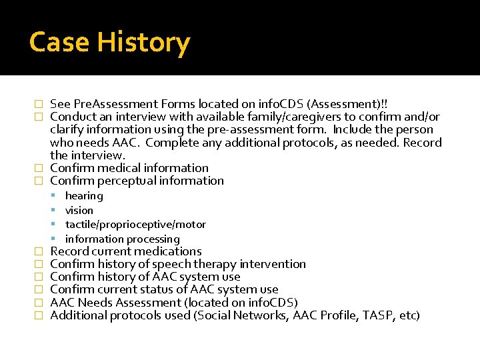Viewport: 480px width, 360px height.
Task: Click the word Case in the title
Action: coord(61,43)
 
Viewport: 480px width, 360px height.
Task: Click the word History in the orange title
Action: coord(144,43)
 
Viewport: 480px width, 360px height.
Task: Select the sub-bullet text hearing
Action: coord(84,196)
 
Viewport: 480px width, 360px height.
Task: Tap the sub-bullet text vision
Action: coord(79,211)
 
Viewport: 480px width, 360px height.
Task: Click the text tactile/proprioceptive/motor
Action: coord(135,225)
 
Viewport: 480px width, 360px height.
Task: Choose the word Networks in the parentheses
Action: coord(263,315)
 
